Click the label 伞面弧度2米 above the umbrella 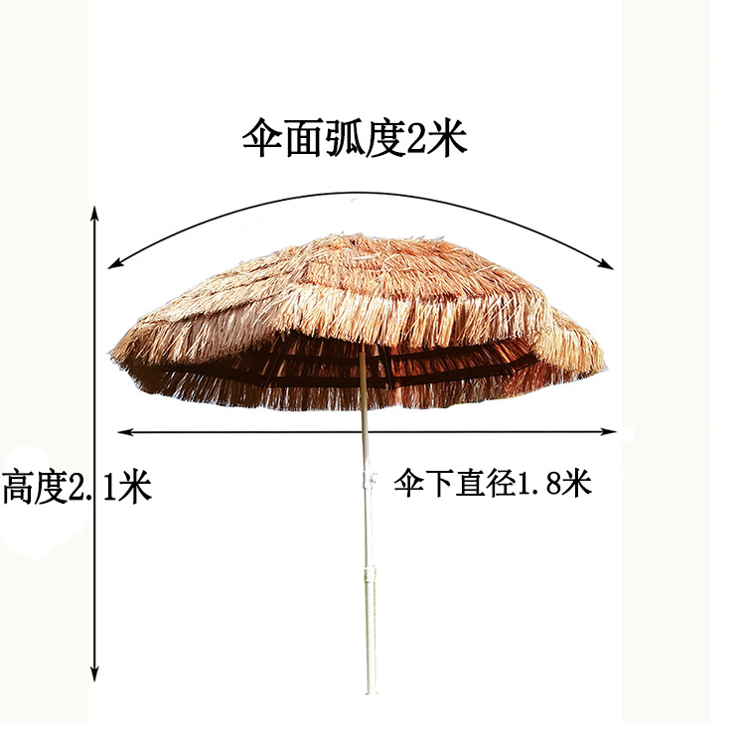354,140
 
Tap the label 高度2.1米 76,488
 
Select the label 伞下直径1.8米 493,484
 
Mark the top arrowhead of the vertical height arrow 94,213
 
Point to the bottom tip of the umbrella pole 371,690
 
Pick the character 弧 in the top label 338,140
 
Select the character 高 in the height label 17,488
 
